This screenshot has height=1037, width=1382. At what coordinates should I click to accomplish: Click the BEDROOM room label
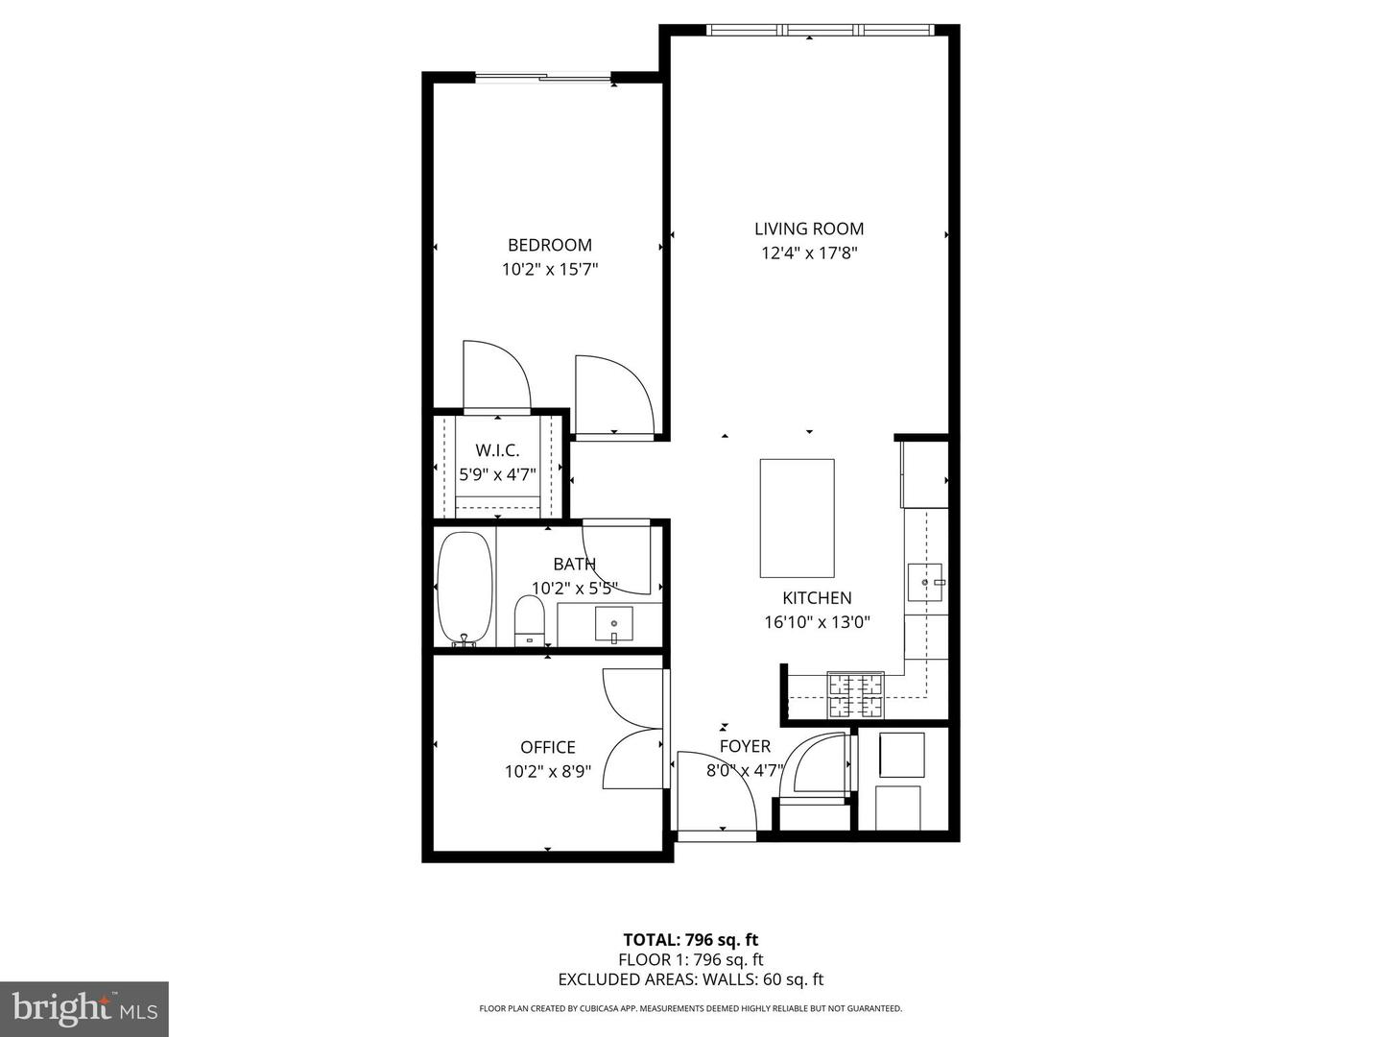(549, 245)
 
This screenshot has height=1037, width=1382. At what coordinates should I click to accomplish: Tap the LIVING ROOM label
(808, 229)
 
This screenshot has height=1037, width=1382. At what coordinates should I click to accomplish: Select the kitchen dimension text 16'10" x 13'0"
(817, 622)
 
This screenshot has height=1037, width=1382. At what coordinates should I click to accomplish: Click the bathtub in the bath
(465, 588)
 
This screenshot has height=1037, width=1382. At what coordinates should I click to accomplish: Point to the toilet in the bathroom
(529, 620)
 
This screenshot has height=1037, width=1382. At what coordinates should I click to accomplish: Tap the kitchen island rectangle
(797, 518)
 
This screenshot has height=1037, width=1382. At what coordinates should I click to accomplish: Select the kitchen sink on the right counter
(925, 582)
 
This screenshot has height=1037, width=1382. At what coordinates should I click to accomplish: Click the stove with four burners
(855, 695)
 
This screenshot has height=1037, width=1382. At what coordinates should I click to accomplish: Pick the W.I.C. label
(497, 450)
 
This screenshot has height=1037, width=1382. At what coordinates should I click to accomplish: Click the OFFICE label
(548, 747)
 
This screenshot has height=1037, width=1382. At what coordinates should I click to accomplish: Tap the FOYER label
(745, 746)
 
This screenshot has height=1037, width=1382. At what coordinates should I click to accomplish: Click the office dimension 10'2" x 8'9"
(548, 771)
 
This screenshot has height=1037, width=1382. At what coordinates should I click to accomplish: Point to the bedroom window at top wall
(544, 78)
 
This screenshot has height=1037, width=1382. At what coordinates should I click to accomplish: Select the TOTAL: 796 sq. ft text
(690, 940)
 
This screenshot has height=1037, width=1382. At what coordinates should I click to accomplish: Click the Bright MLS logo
(84, 1008)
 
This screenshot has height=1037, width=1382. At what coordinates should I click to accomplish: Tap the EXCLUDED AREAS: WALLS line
(690, 979)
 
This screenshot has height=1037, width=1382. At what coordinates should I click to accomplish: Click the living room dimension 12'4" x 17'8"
(808, 253)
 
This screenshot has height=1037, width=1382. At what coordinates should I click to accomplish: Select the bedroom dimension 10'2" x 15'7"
(549, 270)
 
